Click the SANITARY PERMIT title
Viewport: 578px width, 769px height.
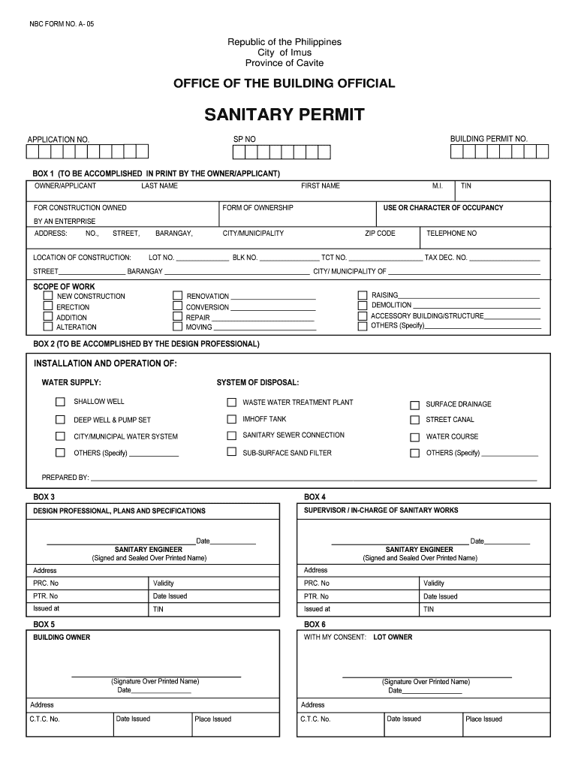tap(284, 115)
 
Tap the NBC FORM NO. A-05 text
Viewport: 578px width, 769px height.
tap(62, 25)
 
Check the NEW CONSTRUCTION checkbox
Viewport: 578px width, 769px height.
tap(48, 296)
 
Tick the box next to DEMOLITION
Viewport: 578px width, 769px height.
tap(363, 306)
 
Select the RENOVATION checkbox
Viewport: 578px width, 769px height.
tap(178, 296)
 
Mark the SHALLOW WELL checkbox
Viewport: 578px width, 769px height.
tap(60, 403)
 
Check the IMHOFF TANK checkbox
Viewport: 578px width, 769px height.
tap(232, 419)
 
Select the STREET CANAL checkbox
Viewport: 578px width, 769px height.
tap(414, 421)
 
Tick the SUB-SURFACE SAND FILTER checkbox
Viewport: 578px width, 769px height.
tap(232, 453)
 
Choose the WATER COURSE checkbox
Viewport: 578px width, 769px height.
tap(414, 437)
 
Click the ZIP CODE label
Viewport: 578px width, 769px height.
tap(380, 234)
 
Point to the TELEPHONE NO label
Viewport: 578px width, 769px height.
tap(451, 234)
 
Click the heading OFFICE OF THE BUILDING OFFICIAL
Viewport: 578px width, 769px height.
tap(284, 83)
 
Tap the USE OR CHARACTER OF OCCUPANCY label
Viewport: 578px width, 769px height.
tap(443, 208)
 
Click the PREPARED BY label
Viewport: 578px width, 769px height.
tap(65, 478)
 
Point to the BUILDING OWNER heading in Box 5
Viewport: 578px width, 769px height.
tap(62, 638)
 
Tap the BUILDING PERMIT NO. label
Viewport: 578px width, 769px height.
tap(489, 139)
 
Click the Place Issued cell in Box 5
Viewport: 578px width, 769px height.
tap(213, 719)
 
